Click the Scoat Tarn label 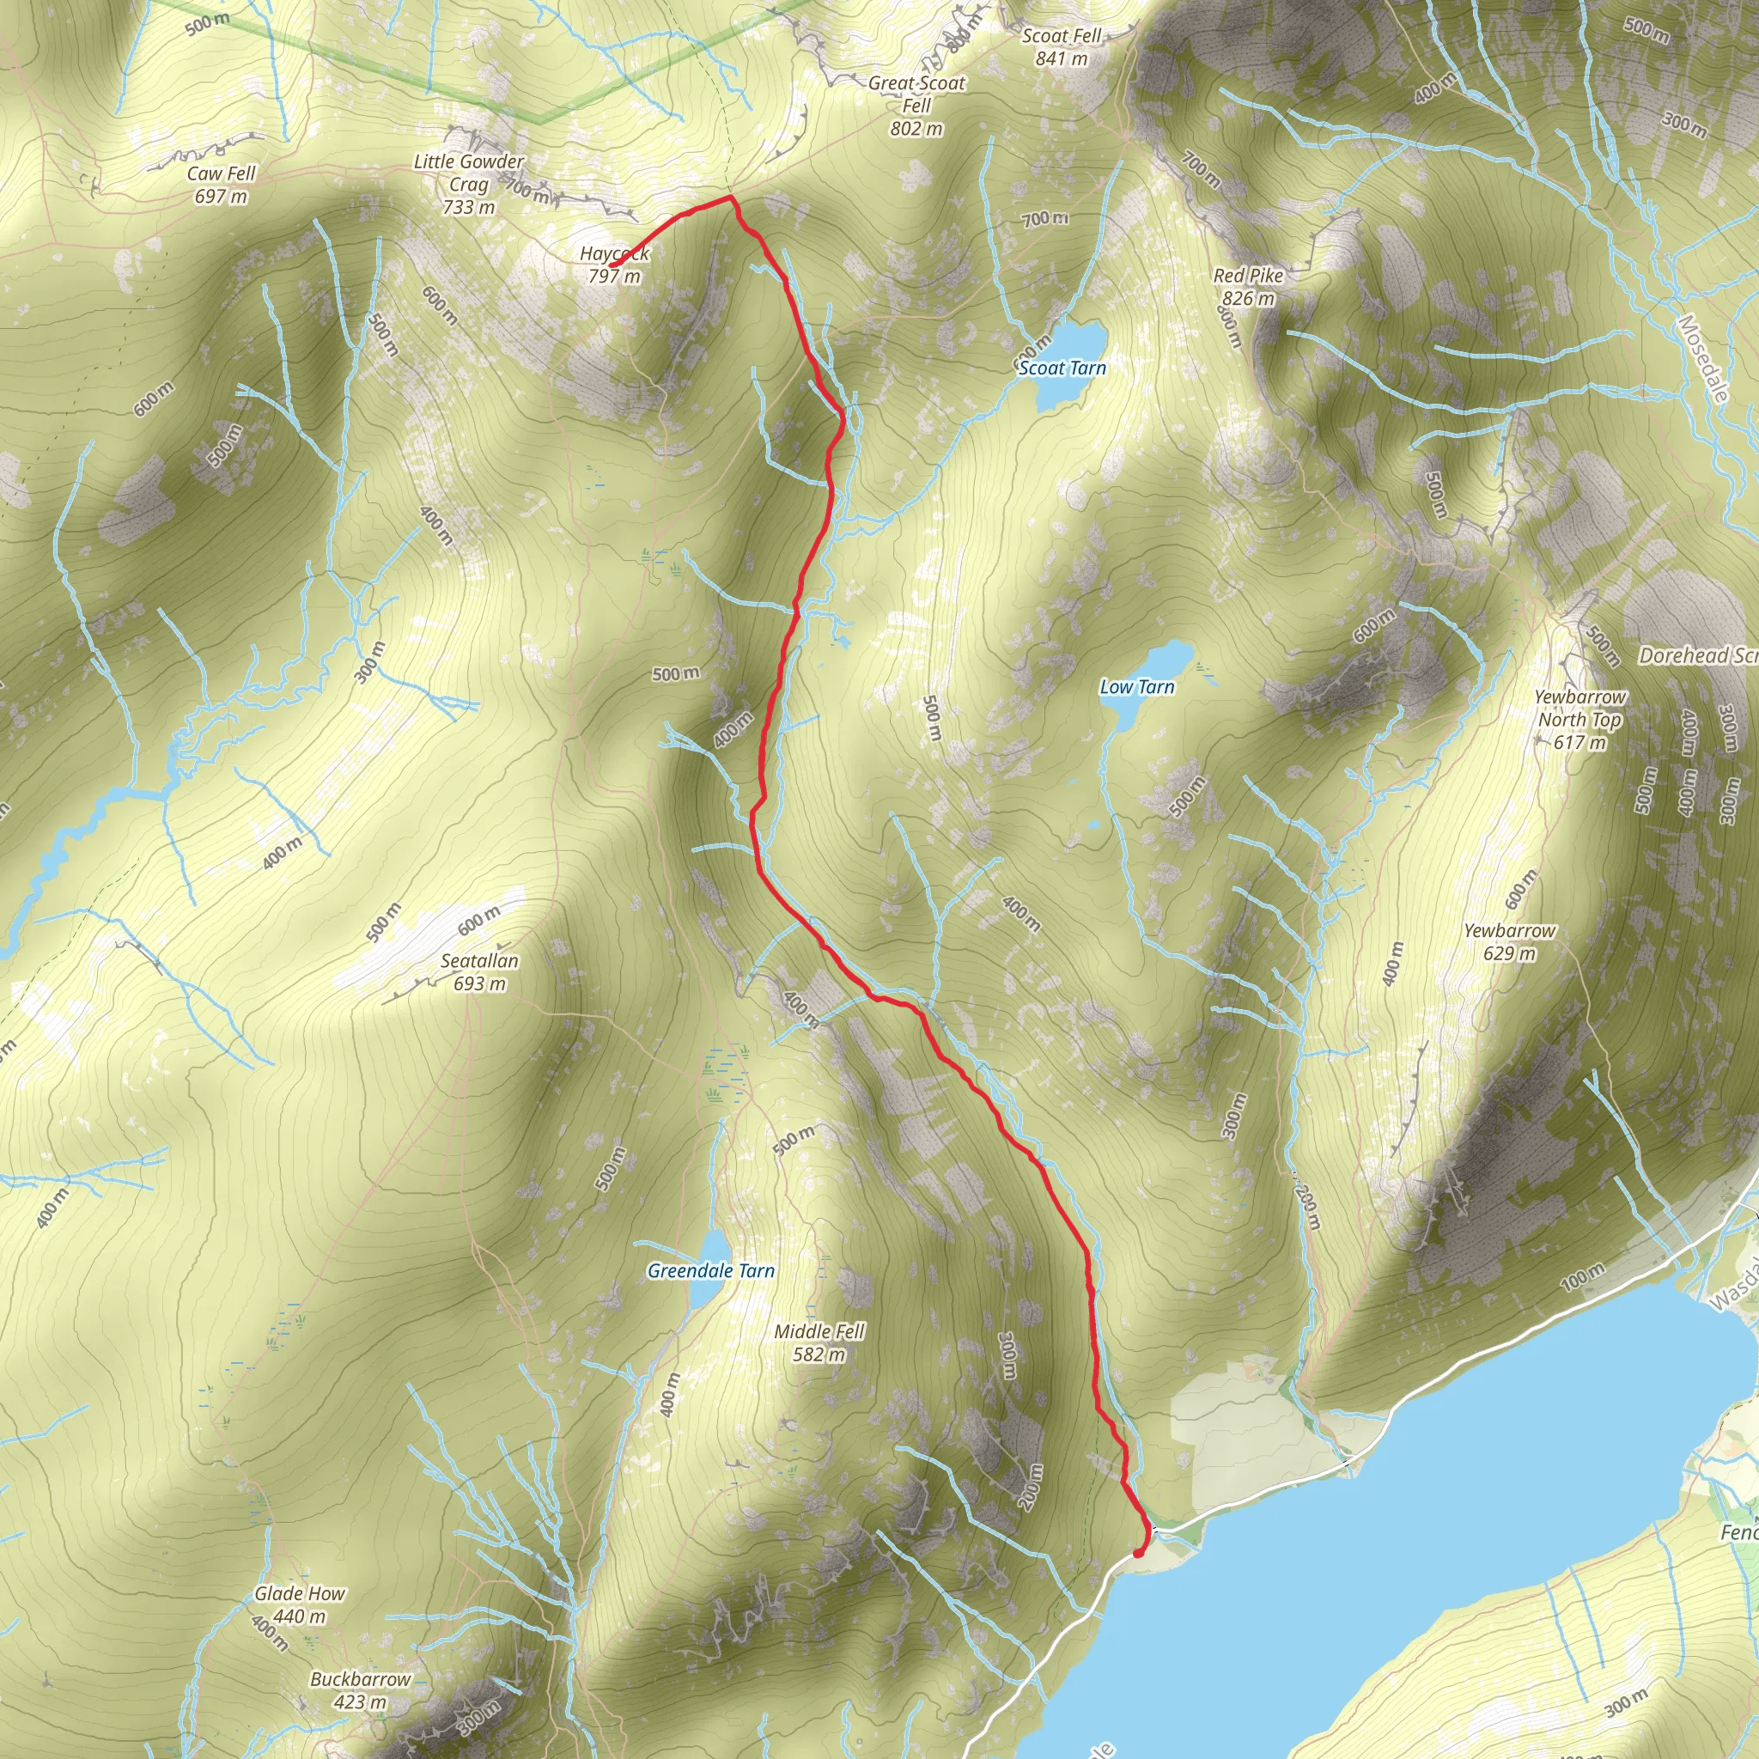tap(1062, 368)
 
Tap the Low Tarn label tap(1137, 687)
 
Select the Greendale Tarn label tap(711, 1271)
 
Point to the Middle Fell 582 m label tap(819, 1343)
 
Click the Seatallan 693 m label tap(480, 971)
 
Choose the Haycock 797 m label tap(615, 265)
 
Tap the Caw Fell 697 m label tap(222, 185)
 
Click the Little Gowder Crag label tap(469, 184)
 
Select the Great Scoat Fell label tap(916, 106)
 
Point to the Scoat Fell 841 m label tap(1062, 46)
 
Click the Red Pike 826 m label tap(1248, 287)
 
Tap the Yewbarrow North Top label tap(1579, 719)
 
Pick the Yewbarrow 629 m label tap(1510, 941)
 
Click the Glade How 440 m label tap(300, 1604)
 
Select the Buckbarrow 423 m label tap(361, 1689)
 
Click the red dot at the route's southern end tap(1138, 1552)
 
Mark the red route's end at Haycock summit tap(612, 265)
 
